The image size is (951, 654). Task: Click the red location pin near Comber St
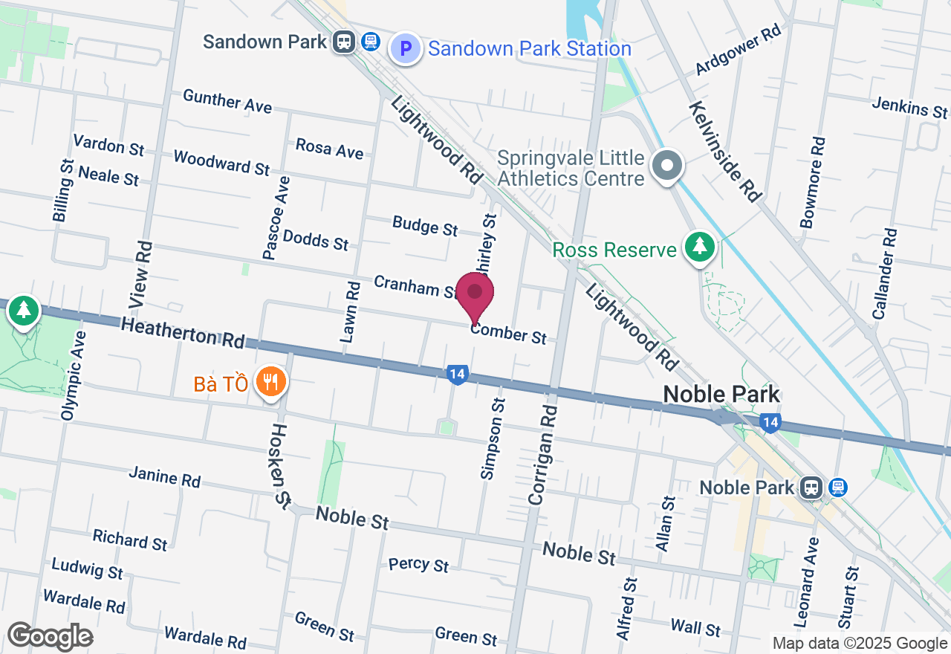coord(475,296)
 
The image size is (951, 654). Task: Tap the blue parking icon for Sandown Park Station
coord(406,49)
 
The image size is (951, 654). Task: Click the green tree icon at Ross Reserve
coord(699,248)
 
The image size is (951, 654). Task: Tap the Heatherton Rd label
coord(183,331)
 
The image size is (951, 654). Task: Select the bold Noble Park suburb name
coord(721,394)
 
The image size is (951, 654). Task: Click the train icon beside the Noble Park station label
coord(811,488)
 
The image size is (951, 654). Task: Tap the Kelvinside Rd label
coord(725,152)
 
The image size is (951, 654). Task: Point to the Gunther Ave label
coord(227,101)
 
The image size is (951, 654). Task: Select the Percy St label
coord(418,564)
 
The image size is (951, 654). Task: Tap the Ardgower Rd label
coord(739,52)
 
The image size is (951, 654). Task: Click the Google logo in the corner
coord(50,636)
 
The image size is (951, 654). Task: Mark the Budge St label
coord(425,226)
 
